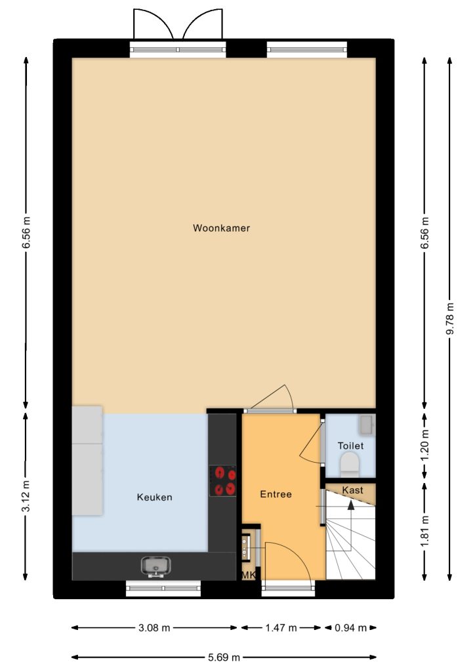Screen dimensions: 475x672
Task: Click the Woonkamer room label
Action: (221, 228)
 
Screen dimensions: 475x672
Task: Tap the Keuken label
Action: (154, 497)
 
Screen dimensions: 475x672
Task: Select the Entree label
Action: (276, 494)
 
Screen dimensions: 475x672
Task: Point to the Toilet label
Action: (350, 446)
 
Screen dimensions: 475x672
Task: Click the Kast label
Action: (352, 490)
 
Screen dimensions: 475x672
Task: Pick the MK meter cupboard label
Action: (249, 575)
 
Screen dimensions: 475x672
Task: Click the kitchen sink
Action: (156, 566)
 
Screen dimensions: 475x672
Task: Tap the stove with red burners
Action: (222, 481)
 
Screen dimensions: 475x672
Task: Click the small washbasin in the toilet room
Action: (367, 425)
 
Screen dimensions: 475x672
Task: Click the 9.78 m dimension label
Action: (449, 320)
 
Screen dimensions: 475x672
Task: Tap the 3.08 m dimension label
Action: (154, 628)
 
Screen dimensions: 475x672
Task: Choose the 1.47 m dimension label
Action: (281, 628)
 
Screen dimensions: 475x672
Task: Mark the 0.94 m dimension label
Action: (350, 628)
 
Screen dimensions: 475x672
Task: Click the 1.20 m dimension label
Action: (424, 446)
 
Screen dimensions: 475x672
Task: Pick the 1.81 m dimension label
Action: (424, 531)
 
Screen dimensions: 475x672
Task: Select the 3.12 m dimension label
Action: (26, 495)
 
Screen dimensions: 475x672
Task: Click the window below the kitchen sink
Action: (163, 588)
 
